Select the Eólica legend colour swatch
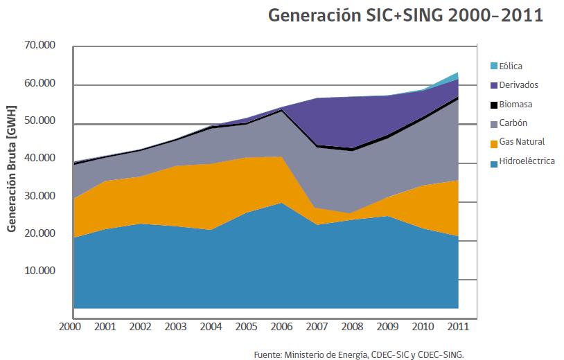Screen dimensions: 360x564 [493, 66]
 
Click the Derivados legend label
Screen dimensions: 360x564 [519, 85]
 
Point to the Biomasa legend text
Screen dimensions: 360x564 [518, 105]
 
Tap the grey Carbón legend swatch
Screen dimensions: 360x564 [493, 123]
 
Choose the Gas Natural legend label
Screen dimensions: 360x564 [522, 142]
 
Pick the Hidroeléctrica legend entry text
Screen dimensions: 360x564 [527, 161]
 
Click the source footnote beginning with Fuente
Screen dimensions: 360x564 [358, 353]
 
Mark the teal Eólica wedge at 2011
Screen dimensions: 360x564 [456, 76]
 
